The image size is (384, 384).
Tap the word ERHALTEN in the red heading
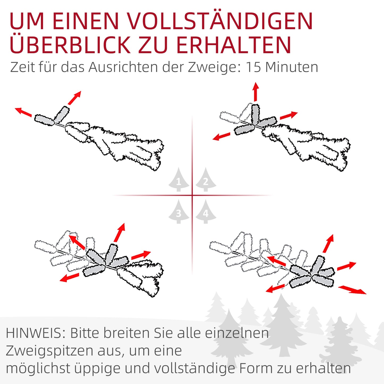point(234,44)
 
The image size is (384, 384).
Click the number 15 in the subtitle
point(253,67)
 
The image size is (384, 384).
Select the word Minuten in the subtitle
point(292,67)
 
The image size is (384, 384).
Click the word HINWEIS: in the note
point(36,333)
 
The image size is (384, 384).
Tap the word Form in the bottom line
point(256,368)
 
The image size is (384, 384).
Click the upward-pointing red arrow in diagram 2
point(256,91)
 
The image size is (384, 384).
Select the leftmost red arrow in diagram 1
point(23,112)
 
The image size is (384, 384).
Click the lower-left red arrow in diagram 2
point(221,137)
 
